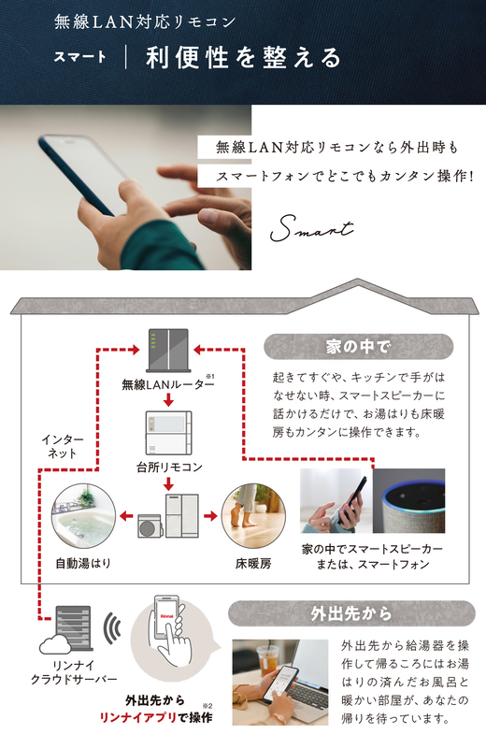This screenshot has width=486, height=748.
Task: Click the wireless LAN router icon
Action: pos(168,350)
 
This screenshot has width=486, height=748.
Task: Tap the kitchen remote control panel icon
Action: pos(168,433)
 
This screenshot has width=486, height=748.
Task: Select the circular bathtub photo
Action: pos(83,516)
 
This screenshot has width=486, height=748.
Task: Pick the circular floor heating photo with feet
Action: pos(253,516)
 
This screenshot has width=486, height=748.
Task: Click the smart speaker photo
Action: pos(408,500)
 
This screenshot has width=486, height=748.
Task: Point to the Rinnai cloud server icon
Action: pos(66,629)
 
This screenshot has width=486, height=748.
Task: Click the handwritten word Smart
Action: pos(312,228)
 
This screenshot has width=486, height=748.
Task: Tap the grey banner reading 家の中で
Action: pos(358,346)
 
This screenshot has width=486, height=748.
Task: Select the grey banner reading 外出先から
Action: pos(351,613)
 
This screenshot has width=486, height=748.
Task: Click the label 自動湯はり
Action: pos(83,564)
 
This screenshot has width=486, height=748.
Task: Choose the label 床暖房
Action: pos(253,564)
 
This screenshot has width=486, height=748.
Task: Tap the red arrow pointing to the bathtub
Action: pos(126,516)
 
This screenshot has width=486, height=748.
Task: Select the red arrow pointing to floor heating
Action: pos(210,516)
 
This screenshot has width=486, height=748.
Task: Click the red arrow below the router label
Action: pos(168,400)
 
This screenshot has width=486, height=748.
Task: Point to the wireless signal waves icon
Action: pos(112,628)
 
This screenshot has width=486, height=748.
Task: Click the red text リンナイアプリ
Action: pos(137,717)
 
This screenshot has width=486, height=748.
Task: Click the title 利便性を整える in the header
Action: pos(244,58)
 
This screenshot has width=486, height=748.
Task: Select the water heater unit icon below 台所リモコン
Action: pos(168,516)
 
